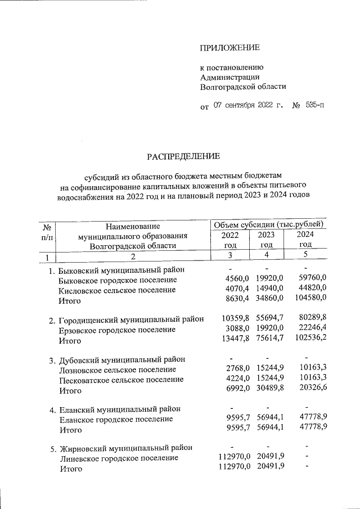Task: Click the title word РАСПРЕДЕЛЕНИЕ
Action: pos(184,155)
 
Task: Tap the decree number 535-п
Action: pos(315,105)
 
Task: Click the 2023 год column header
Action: pos(267,240)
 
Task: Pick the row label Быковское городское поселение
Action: pos(118,280)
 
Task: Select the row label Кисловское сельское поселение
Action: pos(117,290)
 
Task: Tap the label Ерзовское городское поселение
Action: pos(117,330)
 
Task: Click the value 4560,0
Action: pos(236,280)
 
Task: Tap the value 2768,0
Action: pos(236,370)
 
